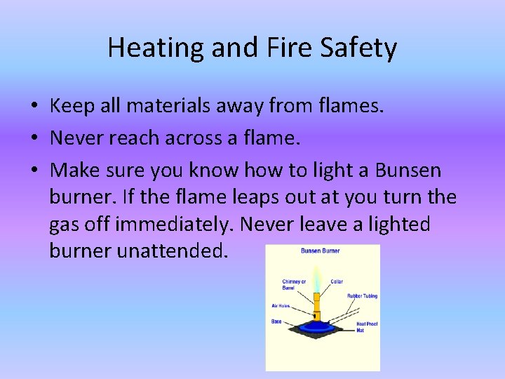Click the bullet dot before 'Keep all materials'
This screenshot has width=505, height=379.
click(x=34, y=107)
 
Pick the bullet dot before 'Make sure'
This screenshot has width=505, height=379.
click(x=34, y=171)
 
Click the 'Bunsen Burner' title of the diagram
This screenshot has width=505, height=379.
click(x=320, y=251)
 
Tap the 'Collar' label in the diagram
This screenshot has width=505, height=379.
click(x=337, y=282)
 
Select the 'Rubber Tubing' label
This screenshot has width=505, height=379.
click(x=362, y=296)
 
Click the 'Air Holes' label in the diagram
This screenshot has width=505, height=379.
click(x=281, y=306)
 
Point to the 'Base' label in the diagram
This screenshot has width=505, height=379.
click(x=276, y=321)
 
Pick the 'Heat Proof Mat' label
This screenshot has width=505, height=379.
click(x=367, y=326)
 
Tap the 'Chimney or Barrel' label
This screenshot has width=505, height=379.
click(x=294, y=284)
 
